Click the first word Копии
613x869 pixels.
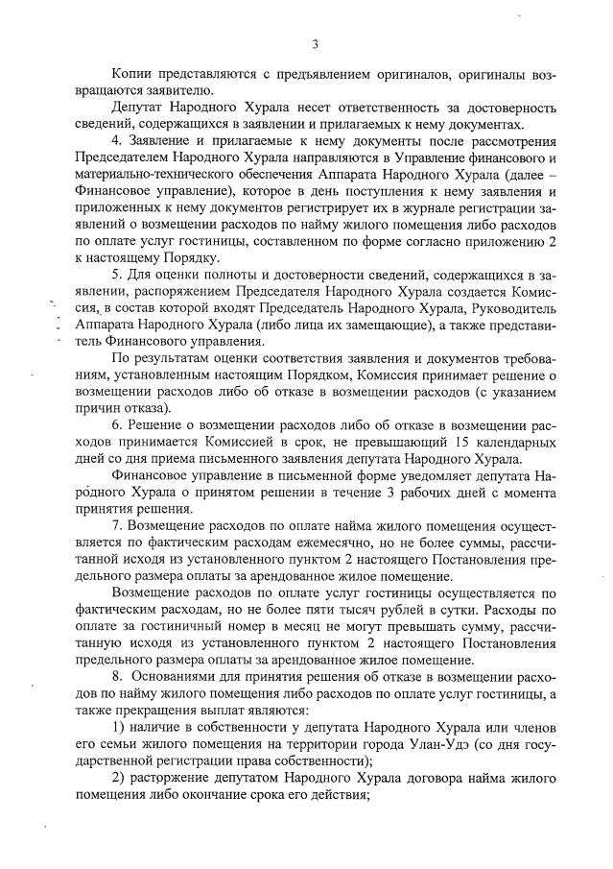coord(132,74)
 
